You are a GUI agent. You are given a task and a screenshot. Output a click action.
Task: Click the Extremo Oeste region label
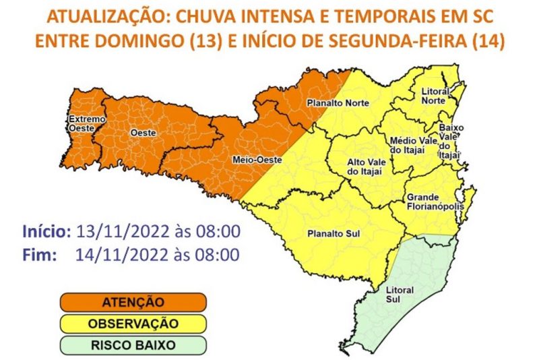[x=87, y=125]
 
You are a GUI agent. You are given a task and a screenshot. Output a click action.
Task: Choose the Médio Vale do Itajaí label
[x=408, y=145]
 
